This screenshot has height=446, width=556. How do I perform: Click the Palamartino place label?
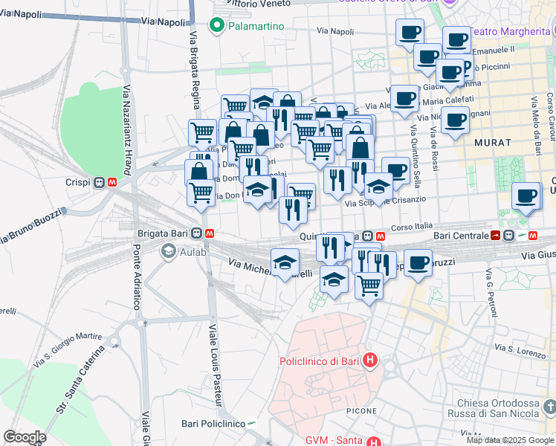pos(256,27)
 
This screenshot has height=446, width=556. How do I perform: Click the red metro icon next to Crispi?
pos(112,181)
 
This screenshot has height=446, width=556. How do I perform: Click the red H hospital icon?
pos(370,362)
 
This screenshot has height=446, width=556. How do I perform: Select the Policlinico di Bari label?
pos(319,362)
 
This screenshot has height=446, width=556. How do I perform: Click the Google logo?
pos(25,436)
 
